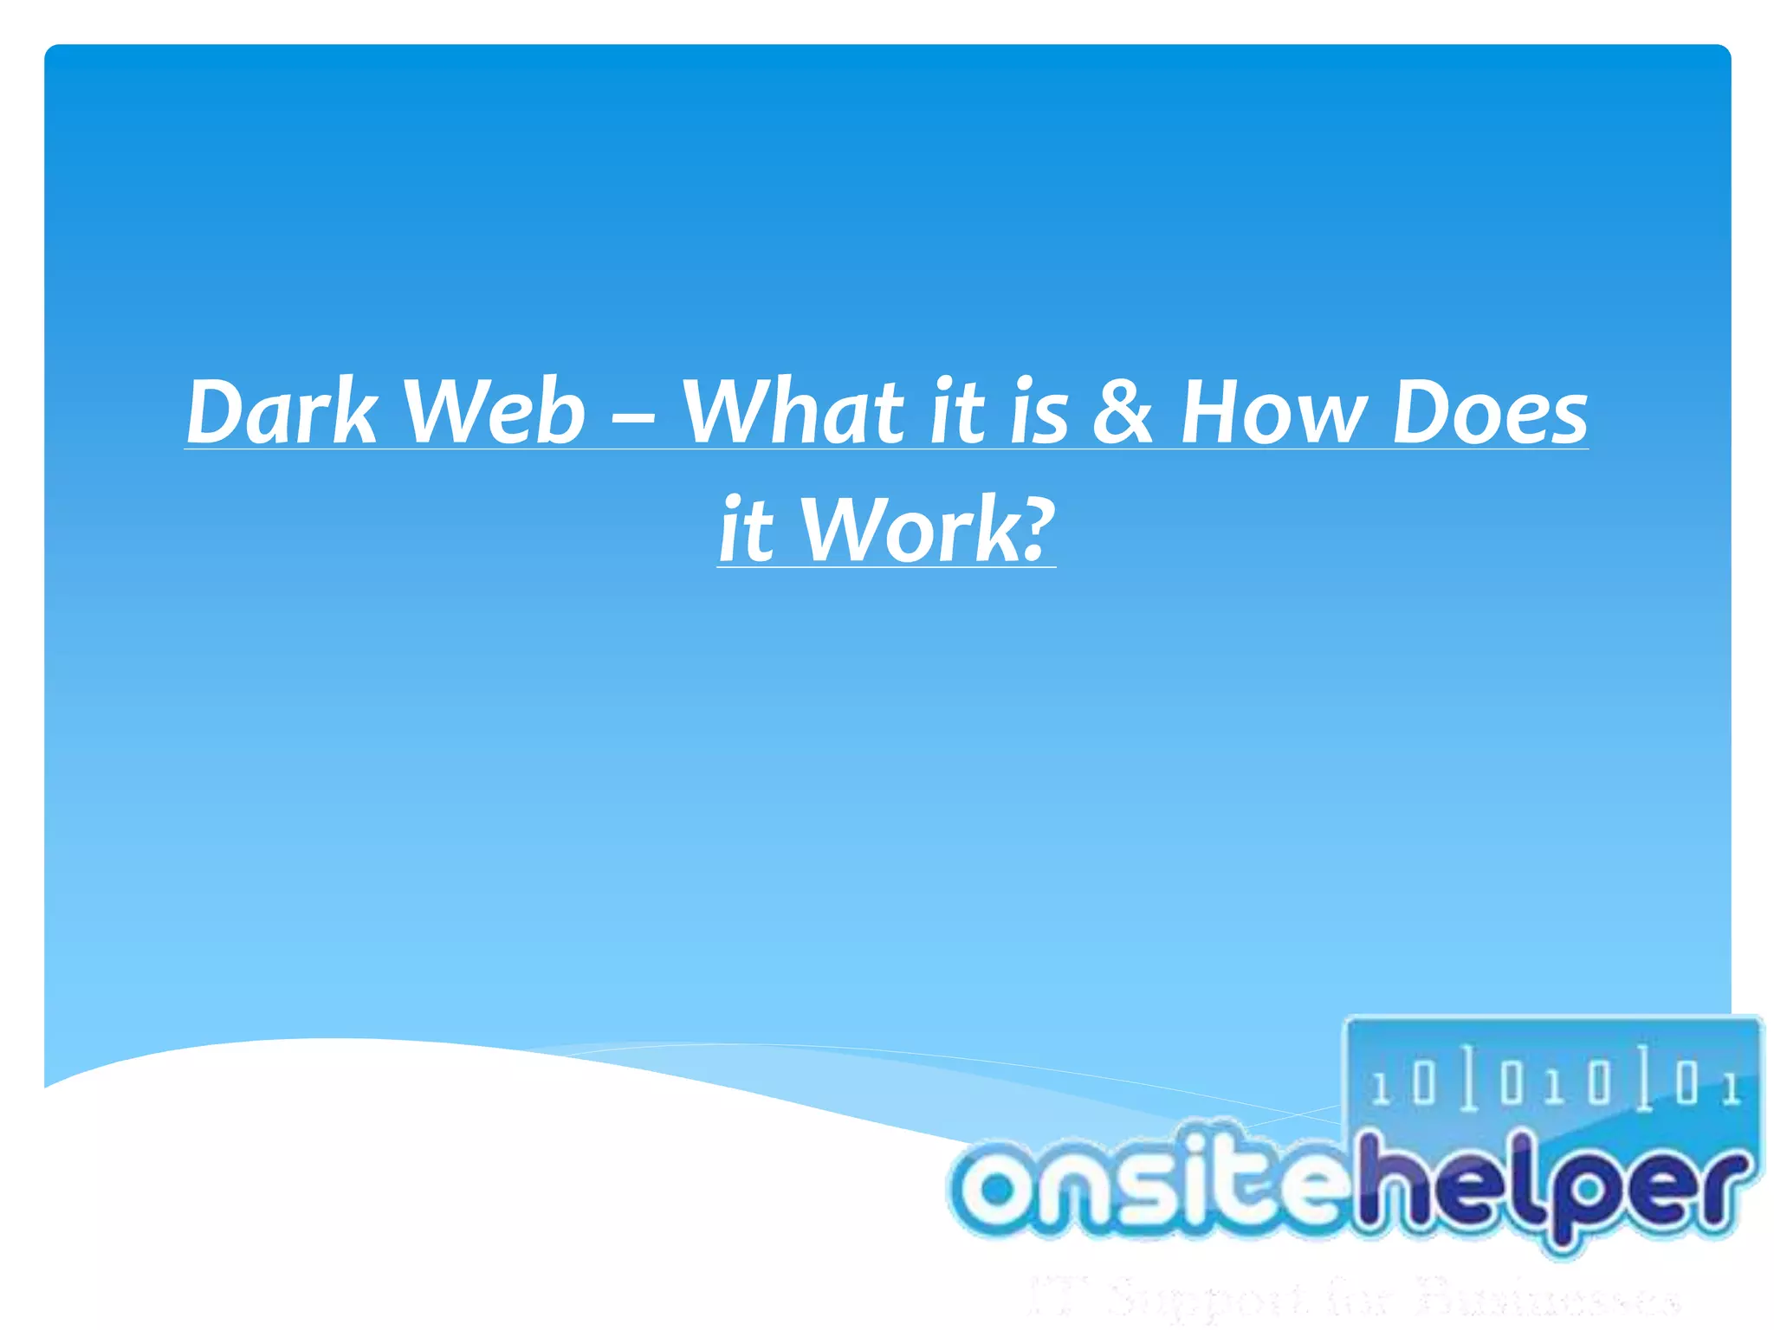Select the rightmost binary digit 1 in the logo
1731,1088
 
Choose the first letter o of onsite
996,1189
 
